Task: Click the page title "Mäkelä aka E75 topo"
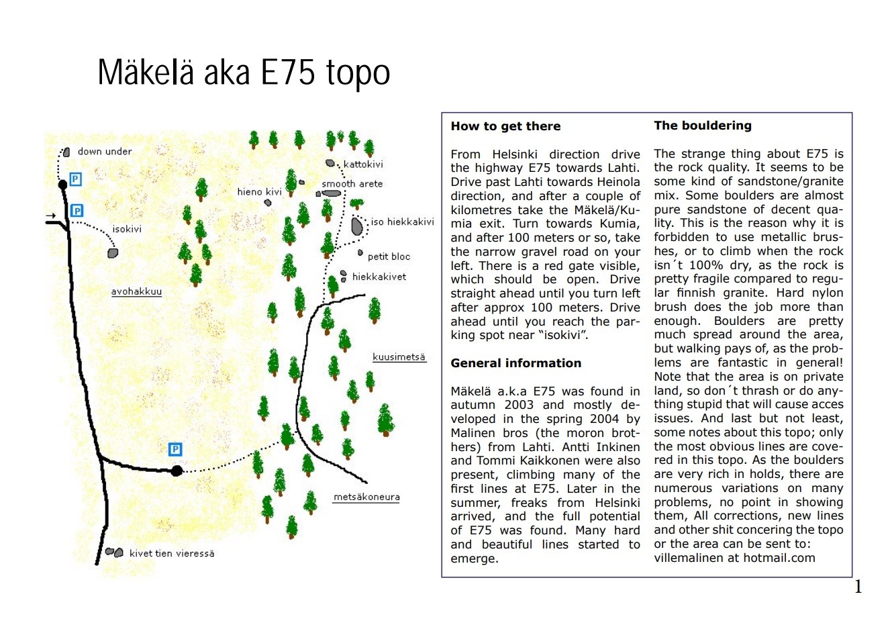point(244,73)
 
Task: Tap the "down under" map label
point(105,152)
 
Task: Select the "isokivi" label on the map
point(127,230)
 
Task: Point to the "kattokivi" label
point(363,164)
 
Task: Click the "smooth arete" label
point(352,184)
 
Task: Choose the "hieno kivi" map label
point(259,192)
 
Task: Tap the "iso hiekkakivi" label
point(402,222)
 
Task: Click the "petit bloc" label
point(389,256)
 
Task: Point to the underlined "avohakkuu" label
point(136,292)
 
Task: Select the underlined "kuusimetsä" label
point(399,357)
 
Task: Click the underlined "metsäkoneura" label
point(366,497)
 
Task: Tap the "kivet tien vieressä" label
point(172,554)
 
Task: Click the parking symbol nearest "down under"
point(76,179)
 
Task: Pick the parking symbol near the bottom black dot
point(175,449)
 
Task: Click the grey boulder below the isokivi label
point(113,253)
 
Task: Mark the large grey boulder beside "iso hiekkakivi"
point(357,226)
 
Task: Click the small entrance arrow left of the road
point(51,216)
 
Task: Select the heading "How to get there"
point(505,126)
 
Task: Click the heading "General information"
point(515,363)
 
